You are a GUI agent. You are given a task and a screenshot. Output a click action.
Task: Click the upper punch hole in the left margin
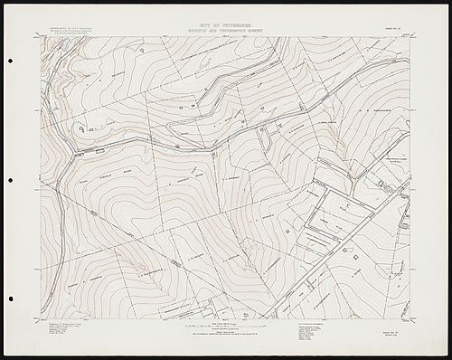[x=10, y=62]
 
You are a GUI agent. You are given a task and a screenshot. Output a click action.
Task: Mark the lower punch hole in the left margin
[x=10, y=298]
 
